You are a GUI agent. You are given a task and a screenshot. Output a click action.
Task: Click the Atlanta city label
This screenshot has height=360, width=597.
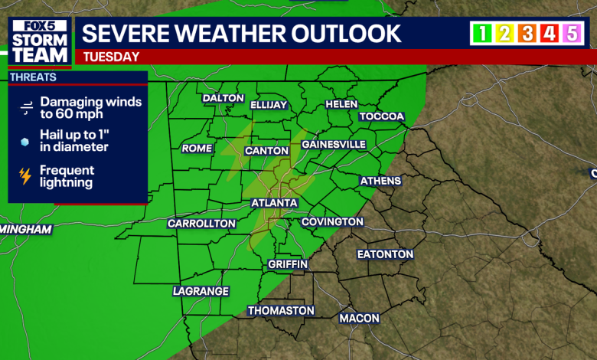click(x=274, y=203)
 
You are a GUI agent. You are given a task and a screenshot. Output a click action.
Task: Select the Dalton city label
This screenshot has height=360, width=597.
click(x=223, y=98)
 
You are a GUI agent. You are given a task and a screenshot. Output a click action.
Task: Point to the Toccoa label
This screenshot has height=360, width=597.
click(x=382, y=116)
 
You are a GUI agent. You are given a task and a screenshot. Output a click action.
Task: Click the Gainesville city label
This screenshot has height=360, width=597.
click(x=334, y=144)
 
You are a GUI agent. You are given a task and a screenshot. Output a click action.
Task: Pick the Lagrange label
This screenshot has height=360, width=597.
click(x=201, y=291)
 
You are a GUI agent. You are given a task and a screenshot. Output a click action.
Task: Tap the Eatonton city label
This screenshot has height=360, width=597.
click(x=385, y=254)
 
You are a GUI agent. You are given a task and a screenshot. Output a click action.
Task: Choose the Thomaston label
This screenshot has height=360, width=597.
click(x=281, y=310)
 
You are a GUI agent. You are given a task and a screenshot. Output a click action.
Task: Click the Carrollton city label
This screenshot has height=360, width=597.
click(x=201, y=223)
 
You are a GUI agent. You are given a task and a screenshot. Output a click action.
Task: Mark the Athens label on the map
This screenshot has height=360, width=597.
click(x=380, y=181)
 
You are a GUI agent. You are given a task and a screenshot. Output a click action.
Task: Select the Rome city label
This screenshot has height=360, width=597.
click(x=197, y=148)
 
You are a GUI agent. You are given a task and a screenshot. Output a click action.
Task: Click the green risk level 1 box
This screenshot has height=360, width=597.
click(x=482, y=33)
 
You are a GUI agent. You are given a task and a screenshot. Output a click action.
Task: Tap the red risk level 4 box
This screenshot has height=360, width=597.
click(x=549, y=33)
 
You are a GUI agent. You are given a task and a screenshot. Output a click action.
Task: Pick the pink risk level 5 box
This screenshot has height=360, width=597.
click(x=571, y=33)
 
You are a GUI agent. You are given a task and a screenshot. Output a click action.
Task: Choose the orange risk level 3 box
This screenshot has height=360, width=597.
click(x=527, y=33)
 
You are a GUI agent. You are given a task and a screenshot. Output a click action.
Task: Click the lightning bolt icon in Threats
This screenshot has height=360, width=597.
click(x=25, y=176)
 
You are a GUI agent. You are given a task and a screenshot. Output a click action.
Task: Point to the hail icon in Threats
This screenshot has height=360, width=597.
click(x=25, y=142)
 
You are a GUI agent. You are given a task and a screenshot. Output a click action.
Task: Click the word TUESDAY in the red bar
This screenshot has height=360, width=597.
click(x=111, y=56)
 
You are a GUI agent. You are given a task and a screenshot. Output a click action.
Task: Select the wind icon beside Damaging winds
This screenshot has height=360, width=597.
click(x=25, y=107)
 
